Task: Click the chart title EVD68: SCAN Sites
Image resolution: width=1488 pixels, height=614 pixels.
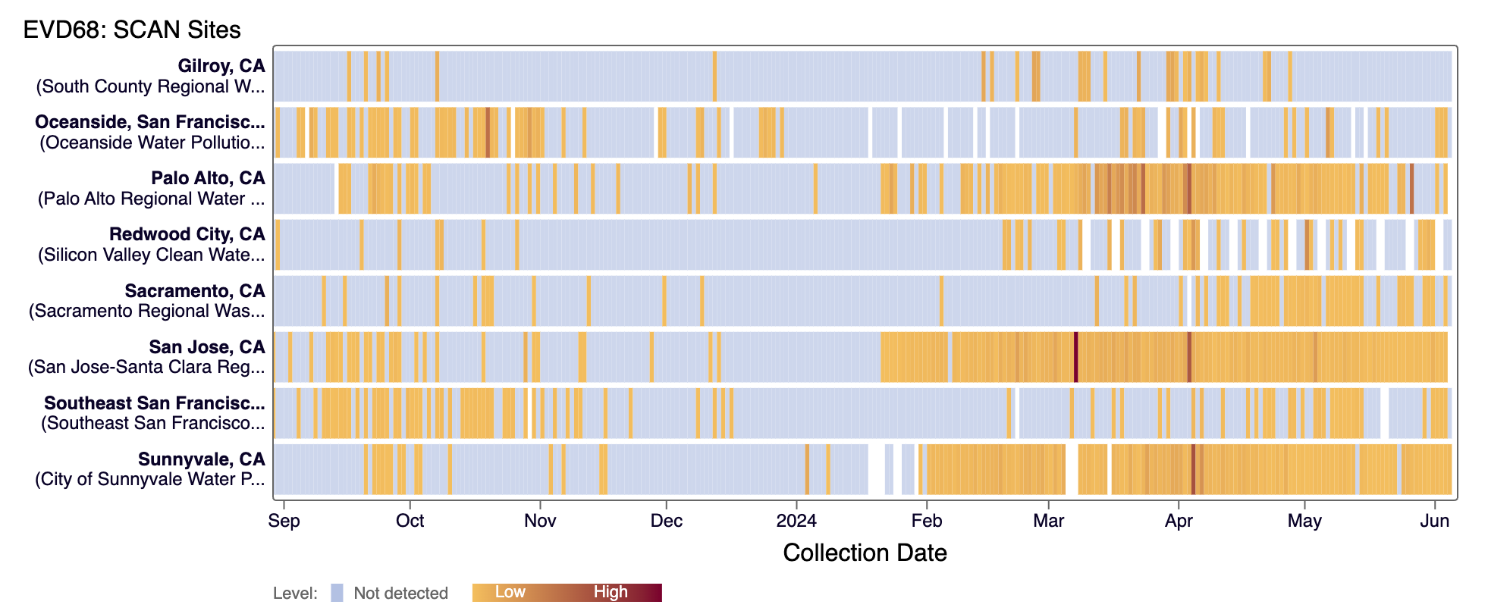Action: pyautogui.click(x=132, y=30)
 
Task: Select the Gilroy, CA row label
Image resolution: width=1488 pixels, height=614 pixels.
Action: pyautogui.click(x=221, y=66)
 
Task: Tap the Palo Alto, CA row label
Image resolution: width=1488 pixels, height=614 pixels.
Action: pyautogui.click(x=208, y=178)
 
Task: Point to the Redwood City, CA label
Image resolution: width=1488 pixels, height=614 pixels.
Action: pyautogui.click(x=187, y=234)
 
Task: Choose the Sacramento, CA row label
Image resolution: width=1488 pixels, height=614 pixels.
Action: pyautogui.click(x=195, y=291)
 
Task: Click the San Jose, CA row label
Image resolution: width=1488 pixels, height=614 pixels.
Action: pyautogui.click(x=207, y=347)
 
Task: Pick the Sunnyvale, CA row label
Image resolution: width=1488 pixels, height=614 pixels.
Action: pyautogui.click(x=202, y=459)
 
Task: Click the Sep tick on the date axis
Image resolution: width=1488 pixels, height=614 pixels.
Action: pyautogui.click(x=284, y=521)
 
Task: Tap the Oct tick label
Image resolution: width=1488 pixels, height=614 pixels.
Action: pyautogui.click(x=410, y=521)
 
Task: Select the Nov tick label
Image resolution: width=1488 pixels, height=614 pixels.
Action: pyautogui.click(x=540, y=521)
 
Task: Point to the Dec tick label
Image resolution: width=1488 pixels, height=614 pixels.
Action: pyautogui.click(x=666, y=521)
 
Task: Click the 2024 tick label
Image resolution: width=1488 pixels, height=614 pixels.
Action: pyautogui.click(x=796, y=521)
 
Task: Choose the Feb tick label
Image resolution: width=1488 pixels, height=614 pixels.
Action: pyautogui.click(x=926, y=521)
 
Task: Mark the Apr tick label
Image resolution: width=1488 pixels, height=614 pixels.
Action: pyautogui.click(x=1179, y=521)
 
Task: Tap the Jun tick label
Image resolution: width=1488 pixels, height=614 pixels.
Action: pyautogui.click(x=1434, y=521)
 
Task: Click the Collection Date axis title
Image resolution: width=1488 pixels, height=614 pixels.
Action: pyautogui.click(x=865, y=553)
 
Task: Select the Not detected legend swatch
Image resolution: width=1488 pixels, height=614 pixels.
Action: pyautogui.click(x=337, y=593)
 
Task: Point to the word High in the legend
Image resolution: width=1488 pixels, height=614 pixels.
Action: pyautogui.click(x=611, y=592)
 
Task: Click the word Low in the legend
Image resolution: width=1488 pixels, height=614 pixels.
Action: pyautogui.click(x=510, y=592)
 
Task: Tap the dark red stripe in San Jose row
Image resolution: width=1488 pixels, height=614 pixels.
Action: pyautogui.click(x=1075, y=357)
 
